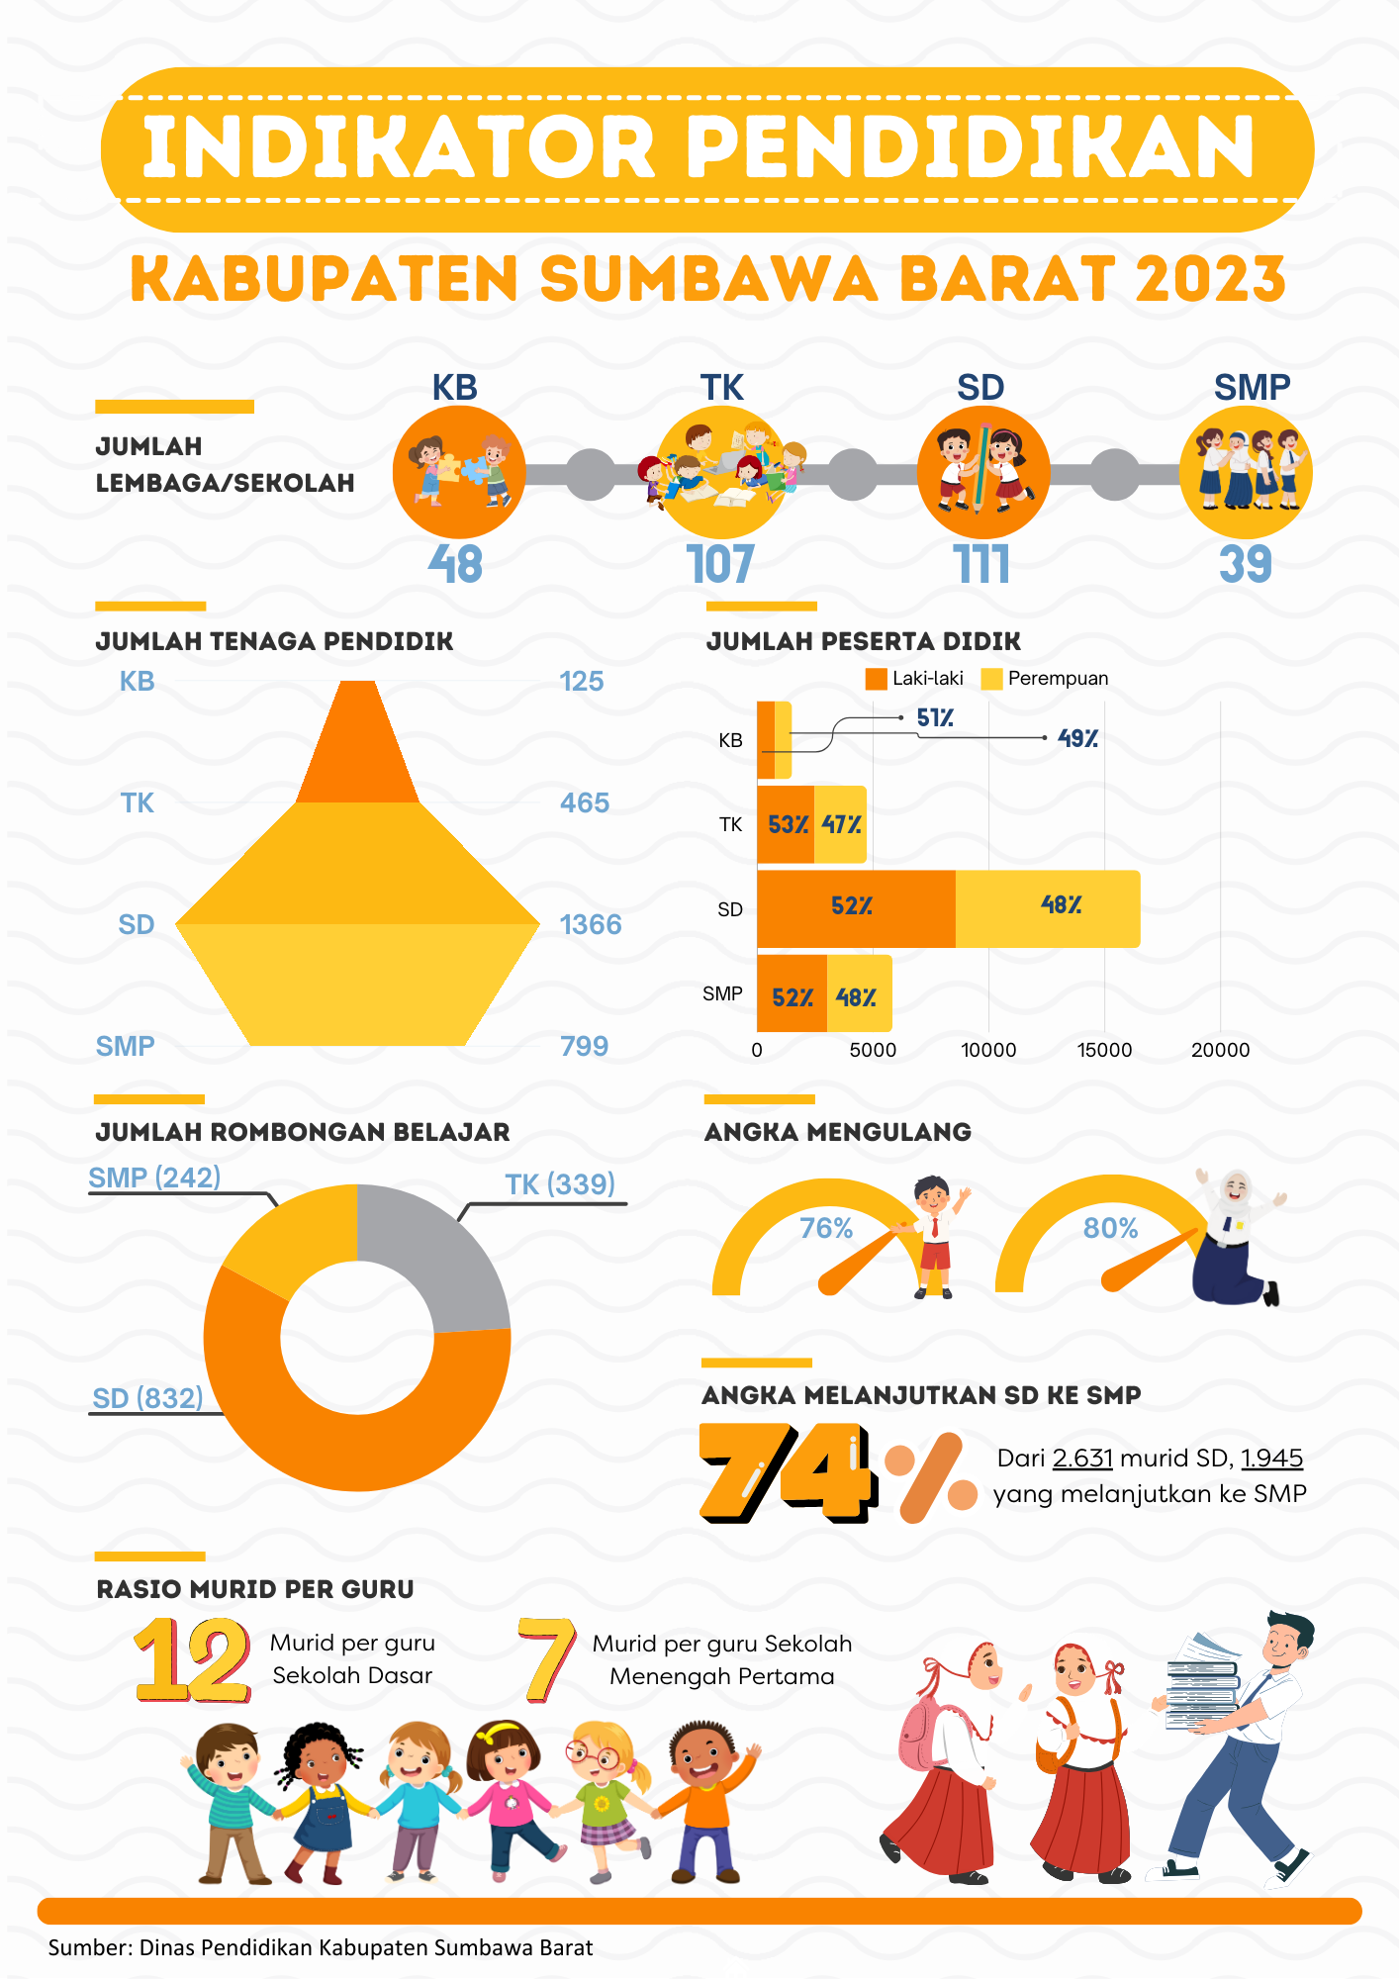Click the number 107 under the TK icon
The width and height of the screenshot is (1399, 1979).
tap(720, 565)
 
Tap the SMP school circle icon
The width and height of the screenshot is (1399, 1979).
tap(1246, 472)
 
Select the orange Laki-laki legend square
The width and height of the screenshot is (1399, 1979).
tap(876, 679)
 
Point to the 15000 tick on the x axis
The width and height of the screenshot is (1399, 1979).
tap(1104, 1050)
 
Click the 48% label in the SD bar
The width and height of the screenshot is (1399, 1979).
tap(1061, 905)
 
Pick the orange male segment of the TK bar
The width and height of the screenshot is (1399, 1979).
tap(786, 824)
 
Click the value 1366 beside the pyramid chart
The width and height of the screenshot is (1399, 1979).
tap(591, 924)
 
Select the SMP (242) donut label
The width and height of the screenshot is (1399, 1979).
tap(154, 1178)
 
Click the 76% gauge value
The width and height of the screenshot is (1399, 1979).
tap(826, 1228)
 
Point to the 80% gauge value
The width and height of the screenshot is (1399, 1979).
tap(1110, 1228)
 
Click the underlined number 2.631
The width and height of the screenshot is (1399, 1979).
tap(1082, 1458)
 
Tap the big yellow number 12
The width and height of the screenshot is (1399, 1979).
tap(193, 1659)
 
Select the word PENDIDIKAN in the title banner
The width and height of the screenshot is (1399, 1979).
tap(970, 148)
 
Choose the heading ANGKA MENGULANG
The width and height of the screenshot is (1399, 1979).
tap(837, 1132)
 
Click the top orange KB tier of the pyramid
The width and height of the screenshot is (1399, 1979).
tap(358, 747)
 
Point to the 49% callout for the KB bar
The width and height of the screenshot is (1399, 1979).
tap(1077, 738)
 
